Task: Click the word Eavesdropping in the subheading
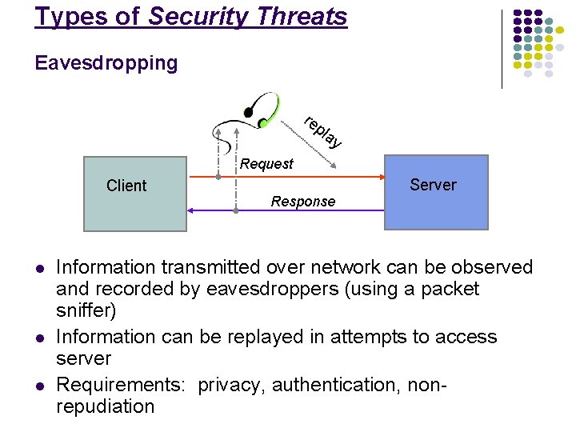[106, 62]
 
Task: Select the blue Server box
[435, 192]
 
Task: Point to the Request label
[266, 164]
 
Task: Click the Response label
[302, 202]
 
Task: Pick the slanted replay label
[323, 133]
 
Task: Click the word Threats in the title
[307, 17]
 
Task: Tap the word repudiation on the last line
[105, 406]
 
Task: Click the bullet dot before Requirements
[38, 386]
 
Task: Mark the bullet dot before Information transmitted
[38, 268]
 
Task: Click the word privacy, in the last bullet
[232, 386]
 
